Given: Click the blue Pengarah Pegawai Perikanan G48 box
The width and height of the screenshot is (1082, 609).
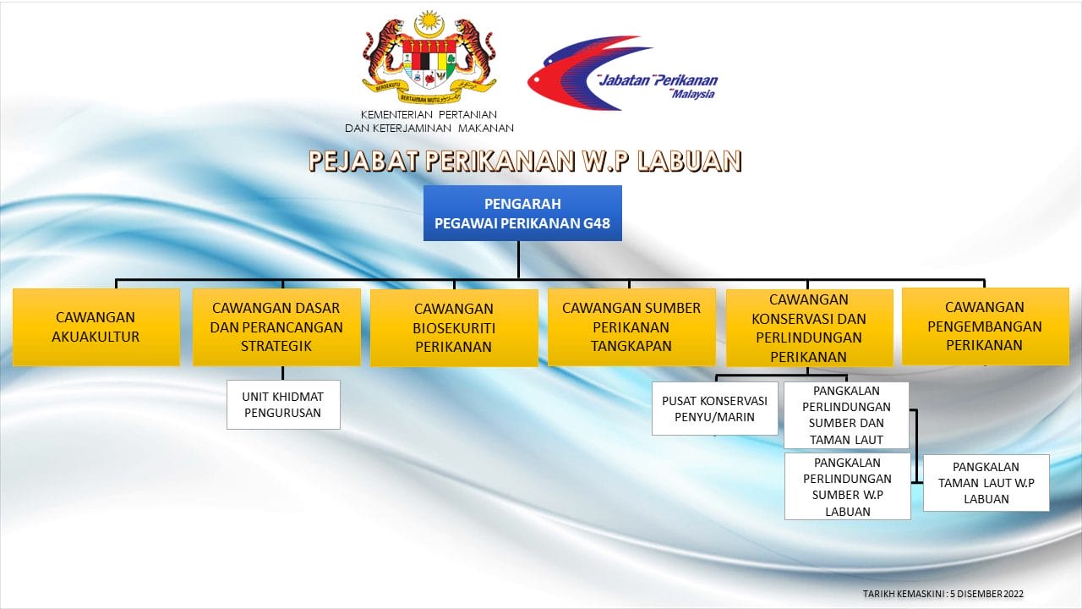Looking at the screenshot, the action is point(522,213).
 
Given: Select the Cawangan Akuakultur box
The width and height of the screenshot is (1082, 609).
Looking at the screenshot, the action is point(96,327).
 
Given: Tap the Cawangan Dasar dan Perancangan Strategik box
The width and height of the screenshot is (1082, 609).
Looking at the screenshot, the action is point(276,327).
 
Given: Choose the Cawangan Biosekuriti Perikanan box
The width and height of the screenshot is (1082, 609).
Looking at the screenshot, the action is point(454,327).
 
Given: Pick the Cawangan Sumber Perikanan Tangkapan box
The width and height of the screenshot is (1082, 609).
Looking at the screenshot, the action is point(631,327).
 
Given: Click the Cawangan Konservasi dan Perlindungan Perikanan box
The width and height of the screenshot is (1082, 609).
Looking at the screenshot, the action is point(809,328).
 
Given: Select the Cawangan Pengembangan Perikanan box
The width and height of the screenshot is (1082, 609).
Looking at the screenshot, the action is point(986,326).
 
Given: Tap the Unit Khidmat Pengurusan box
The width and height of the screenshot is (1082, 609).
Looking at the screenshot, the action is point(283,404).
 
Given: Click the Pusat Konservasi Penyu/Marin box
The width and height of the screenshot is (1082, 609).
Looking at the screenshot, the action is point(715,409).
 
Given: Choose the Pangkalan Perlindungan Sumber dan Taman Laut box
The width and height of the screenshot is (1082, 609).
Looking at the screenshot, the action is point(846,415).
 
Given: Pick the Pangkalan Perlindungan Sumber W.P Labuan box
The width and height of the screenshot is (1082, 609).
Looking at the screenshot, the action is point(848,486).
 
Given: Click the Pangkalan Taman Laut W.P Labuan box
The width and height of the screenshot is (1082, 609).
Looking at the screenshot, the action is point(986,483).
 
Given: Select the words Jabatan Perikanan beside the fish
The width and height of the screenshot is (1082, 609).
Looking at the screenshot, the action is point(658,80).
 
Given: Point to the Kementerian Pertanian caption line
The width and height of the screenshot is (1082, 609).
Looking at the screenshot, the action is point(429,114).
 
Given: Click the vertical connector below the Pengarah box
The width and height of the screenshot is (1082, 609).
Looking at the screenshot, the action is point(519,260).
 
